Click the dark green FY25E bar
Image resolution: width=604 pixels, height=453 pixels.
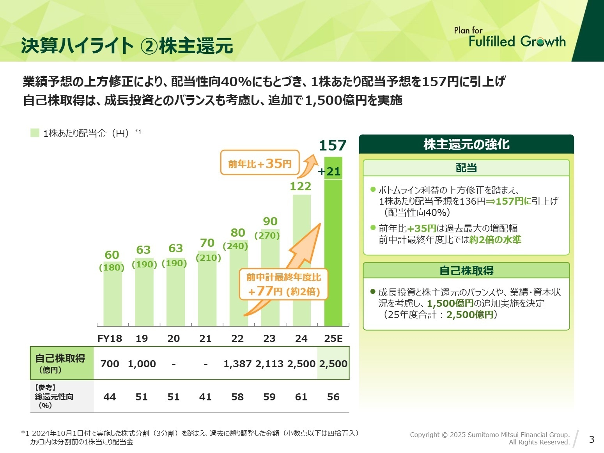pyautogui.click(x=333, y=250)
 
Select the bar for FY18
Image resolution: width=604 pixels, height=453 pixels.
pyautogui.click(x=113, y=294)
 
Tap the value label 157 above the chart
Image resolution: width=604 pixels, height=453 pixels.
pyautogui.click(x=333, y=145)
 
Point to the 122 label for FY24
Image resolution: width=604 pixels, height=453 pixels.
pyautogui.click(x=300, y=186)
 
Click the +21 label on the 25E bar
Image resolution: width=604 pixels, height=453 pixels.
pyautogui.click(x=329, y=171)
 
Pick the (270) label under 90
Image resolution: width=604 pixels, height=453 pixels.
pyautogui.click(x=267, y=235)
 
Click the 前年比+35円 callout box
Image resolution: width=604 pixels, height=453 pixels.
pyautogui.click(x=260, y=163)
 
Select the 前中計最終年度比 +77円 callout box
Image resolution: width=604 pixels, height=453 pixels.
pyautogui.click(x=283, y=285)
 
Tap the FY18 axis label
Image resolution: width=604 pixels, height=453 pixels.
pyautogui.click(x=110, y=338)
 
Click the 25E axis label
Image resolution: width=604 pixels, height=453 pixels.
pyautogui.click(x=333, y=338)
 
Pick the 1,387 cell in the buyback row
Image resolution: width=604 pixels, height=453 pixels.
pyautogui.click(x=237, y=364)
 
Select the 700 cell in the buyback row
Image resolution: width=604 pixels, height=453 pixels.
pyautogui.click(x=110, y=364)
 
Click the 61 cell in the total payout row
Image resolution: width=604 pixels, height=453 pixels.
pyautogui.click(x=301, y=397)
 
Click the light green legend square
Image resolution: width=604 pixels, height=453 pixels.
pyautogui.click(x=35, y=133)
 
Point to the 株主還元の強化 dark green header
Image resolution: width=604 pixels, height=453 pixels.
pyautogui.click(x=466, y=144)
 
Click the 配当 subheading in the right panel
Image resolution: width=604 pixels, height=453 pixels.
pyautogui.click(x=466, y=168)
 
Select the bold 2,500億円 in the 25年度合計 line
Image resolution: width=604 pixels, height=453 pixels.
pyautogui.click(x=470, y=315)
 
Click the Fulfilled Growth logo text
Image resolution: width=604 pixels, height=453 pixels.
pyautogui.click(x=517, y=41)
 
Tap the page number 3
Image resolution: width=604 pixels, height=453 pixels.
pyautogui.click(x=592, y=439)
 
